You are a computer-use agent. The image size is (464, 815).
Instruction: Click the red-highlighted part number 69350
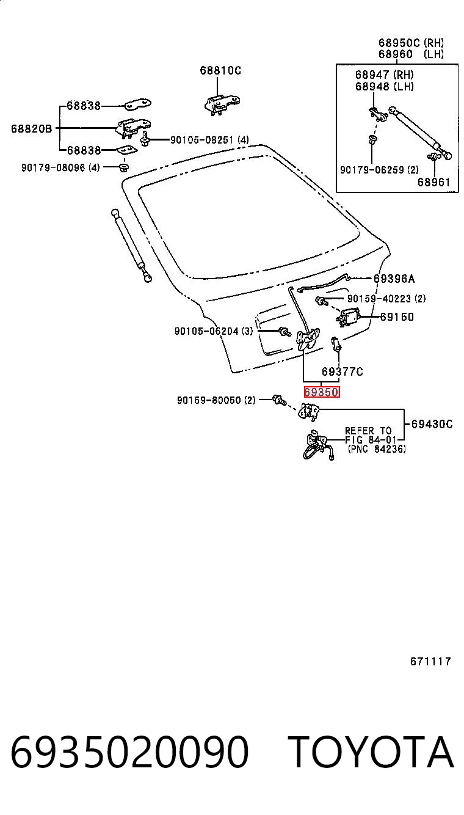(322, 392)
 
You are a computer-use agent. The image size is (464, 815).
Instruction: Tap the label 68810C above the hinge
(220, 70)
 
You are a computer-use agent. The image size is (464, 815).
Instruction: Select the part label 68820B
(31, 128)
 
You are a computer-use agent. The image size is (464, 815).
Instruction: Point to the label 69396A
(394, 279)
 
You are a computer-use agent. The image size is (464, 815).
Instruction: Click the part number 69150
(397, 317)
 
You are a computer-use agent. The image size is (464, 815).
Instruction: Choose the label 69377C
(342, 371)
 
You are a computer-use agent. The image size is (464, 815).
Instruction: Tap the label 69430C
(432, 424)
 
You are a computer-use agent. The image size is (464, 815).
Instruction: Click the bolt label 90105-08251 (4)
(209, 140)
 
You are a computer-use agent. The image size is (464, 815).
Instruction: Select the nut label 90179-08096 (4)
(60, 168)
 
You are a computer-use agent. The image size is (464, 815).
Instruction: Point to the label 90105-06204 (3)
(214, 331)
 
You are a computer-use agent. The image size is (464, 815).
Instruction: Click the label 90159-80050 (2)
(216, 400)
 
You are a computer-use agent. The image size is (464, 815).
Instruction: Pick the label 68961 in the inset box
(434, 182)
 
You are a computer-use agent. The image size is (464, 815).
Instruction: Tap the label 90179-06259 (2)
(379, 170)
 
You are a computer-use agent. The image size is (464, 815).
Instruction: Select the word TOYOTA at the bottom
(372, 751)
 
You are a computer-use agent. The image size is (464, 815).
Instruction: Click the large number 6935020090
(130, 751)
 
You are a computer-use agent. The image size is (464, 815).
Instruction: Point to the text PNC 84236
(377, 449)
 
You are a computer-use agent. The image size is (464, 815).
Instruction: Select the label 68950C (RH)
(411, 43)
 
